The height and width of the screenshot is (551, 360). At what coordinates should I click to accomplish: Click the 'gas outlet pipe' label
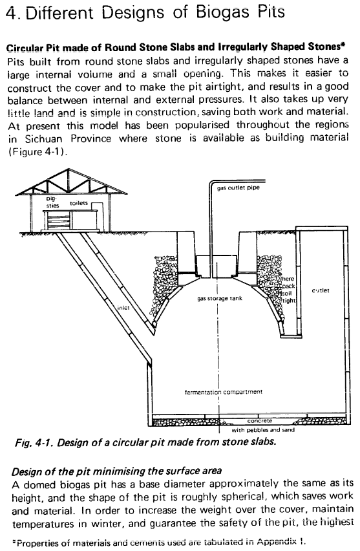[x=238, y=188]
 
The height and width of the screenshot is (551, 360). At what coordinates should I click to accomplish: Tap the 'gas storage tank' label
[x=220, y=299]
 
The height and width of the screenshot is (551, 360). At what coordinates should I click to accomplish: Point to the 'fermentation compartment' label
[x=224, y=392]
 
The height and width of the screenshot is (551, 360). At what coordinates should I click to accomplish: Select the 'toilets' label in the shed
[x=79, y=203]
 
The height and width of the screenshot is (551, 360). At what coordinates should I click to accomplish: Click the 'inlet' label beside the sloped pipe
[x=123, y=308]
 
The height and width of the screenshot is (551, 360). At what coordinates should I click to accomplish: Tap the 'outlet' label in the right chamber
[x=321, y=290]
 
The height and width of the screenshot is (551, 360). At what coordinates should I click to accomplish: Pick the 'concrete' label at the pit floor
[x=260, y=420]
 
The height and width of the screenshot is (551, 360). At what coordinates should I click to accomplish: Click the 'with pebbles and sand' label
[x=263, y=430]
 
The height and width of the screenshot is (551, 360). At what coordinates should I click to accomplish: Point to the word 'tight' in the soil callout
[x=289, y=301]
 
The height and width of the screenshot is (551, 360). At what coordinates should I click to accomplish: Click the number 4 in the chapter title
[x=11, y=14]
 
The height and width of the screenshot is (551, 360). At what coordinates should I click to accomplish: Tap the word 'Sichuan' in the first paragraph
[x=43, y=139]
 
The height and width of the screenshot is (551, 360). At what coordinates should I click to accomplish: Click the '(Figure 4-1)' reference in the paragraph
[x=37, y=152]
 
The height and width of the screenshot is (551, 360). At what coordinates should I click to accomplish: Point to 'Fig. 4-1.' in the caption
[x=34, y=442]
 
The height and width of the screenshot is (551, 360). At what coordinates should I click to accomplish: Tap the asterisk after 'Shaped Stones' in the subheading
[x=343, y=45]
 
